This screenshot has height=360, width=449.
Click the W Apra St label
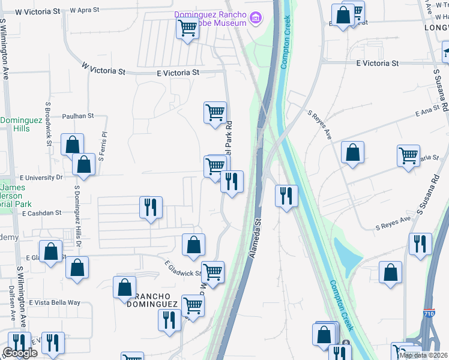[x=89, y=10]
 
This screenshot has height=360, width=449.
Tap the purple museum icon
[x=256, y=18]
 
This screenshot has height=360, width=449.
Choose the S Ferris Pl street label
[x=103, y=147]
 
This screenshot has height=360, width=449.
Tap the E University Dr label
[x=41, y=178]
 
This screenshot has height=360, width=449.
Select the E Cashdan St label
[x=42, y=213]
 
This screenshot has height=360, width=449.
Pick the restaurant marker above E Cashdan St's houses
[x=150, y=208]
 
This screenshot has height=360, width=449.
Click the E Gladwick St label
[x=183, y=269]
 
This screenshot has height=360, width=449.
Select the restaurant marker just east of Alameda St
[x=286, y=195]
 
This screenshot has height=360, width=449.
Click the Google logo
[x=20, y=353]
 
